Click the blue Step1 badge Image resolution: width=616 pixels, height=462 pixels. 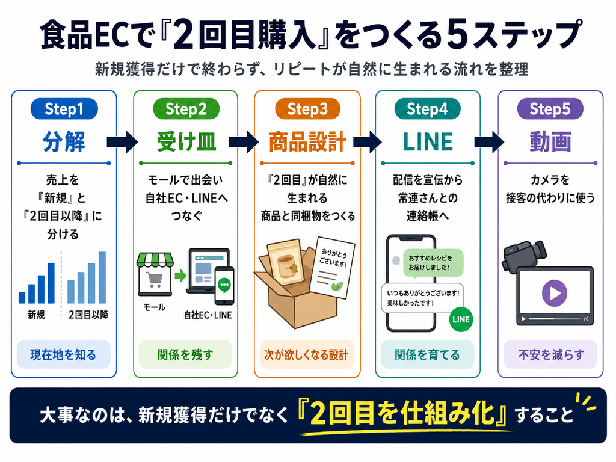point(64,109)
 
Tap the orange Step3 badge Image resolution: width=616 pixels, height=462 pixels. point(307,109)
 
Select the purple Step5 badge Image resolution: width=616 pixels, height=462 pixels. point(550,109)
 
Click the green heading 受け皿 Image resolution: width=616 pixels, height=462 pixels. point(186,142)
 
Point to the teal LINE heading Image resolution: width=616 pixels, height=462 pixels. point(428,142)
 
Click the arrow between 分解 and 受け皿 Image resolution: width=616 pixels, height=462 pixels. point(122,142)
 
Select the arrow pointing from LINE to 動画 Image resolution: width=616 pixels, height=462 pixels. point(488,142)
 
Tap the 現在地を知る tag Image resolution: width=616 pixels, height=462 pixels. point(63,355)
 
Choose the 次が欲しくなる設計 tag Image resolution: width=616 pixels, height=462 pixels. point(306,355)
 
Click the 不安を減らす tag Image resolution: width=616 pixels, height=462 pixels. point(550,355)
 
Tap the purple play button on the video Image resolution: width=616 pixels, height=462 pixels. point(554,293)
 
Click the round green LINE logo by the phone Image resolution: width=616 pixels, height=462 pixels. point(461,319)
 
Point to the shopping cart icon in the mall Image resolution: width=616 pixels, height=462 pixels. point(154,279)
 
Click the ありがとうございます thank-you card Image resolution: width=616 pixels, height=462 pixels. point(332,268)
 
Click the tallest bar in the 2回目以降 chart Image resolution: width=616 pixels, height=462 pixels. point(102,277)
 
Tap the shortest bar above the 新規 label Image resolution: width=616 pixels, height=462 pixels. point(22,298)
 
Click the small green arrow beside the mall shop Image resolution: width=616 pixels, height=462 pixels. point(180,276)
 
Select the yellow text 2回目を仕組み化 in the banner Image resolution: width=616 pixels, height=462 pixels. point(402,414)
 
